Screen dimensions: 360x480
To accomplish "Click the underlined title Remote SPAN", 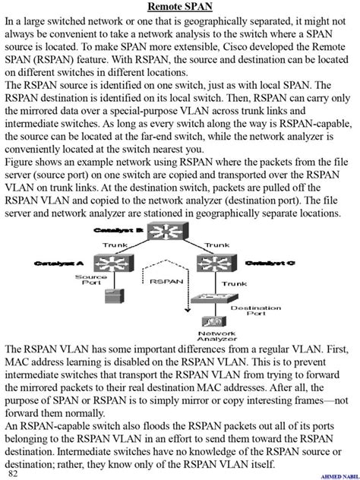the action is click(x=180, y=7).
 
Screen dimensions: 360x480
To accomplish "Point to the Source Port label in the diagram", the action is click(x=85, y=282).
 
